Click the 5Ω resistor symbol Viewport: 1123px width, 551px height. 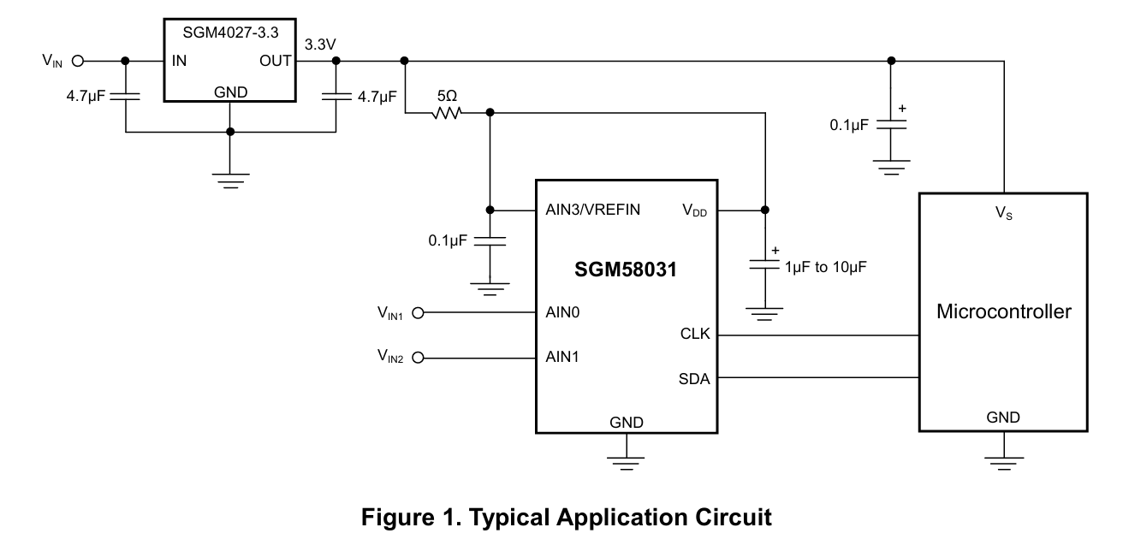point(447,112)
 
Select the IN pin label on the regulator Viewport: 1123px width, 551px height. point(179,61)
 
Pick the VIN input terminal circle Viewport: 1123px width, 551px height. point(78,61)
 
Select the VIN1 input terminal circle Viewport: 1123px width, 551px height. point(419,313)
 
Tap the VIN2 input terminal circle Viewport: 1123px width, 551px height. point(419,357)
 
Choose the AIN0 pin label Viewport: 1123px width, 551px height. point(563,313)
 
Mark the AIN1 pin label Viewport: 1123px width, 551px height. point(563,357)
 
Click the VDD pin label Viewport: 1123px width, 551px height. point(694,210)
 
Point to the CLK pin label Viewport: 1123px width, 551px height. point(694,335)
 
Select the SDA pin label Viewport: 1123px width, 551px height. point(694,378)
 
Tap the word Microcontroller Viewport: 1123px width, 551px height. point(1003,311)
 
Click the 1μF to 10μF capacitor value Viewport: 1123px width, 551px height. point(826,267)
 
